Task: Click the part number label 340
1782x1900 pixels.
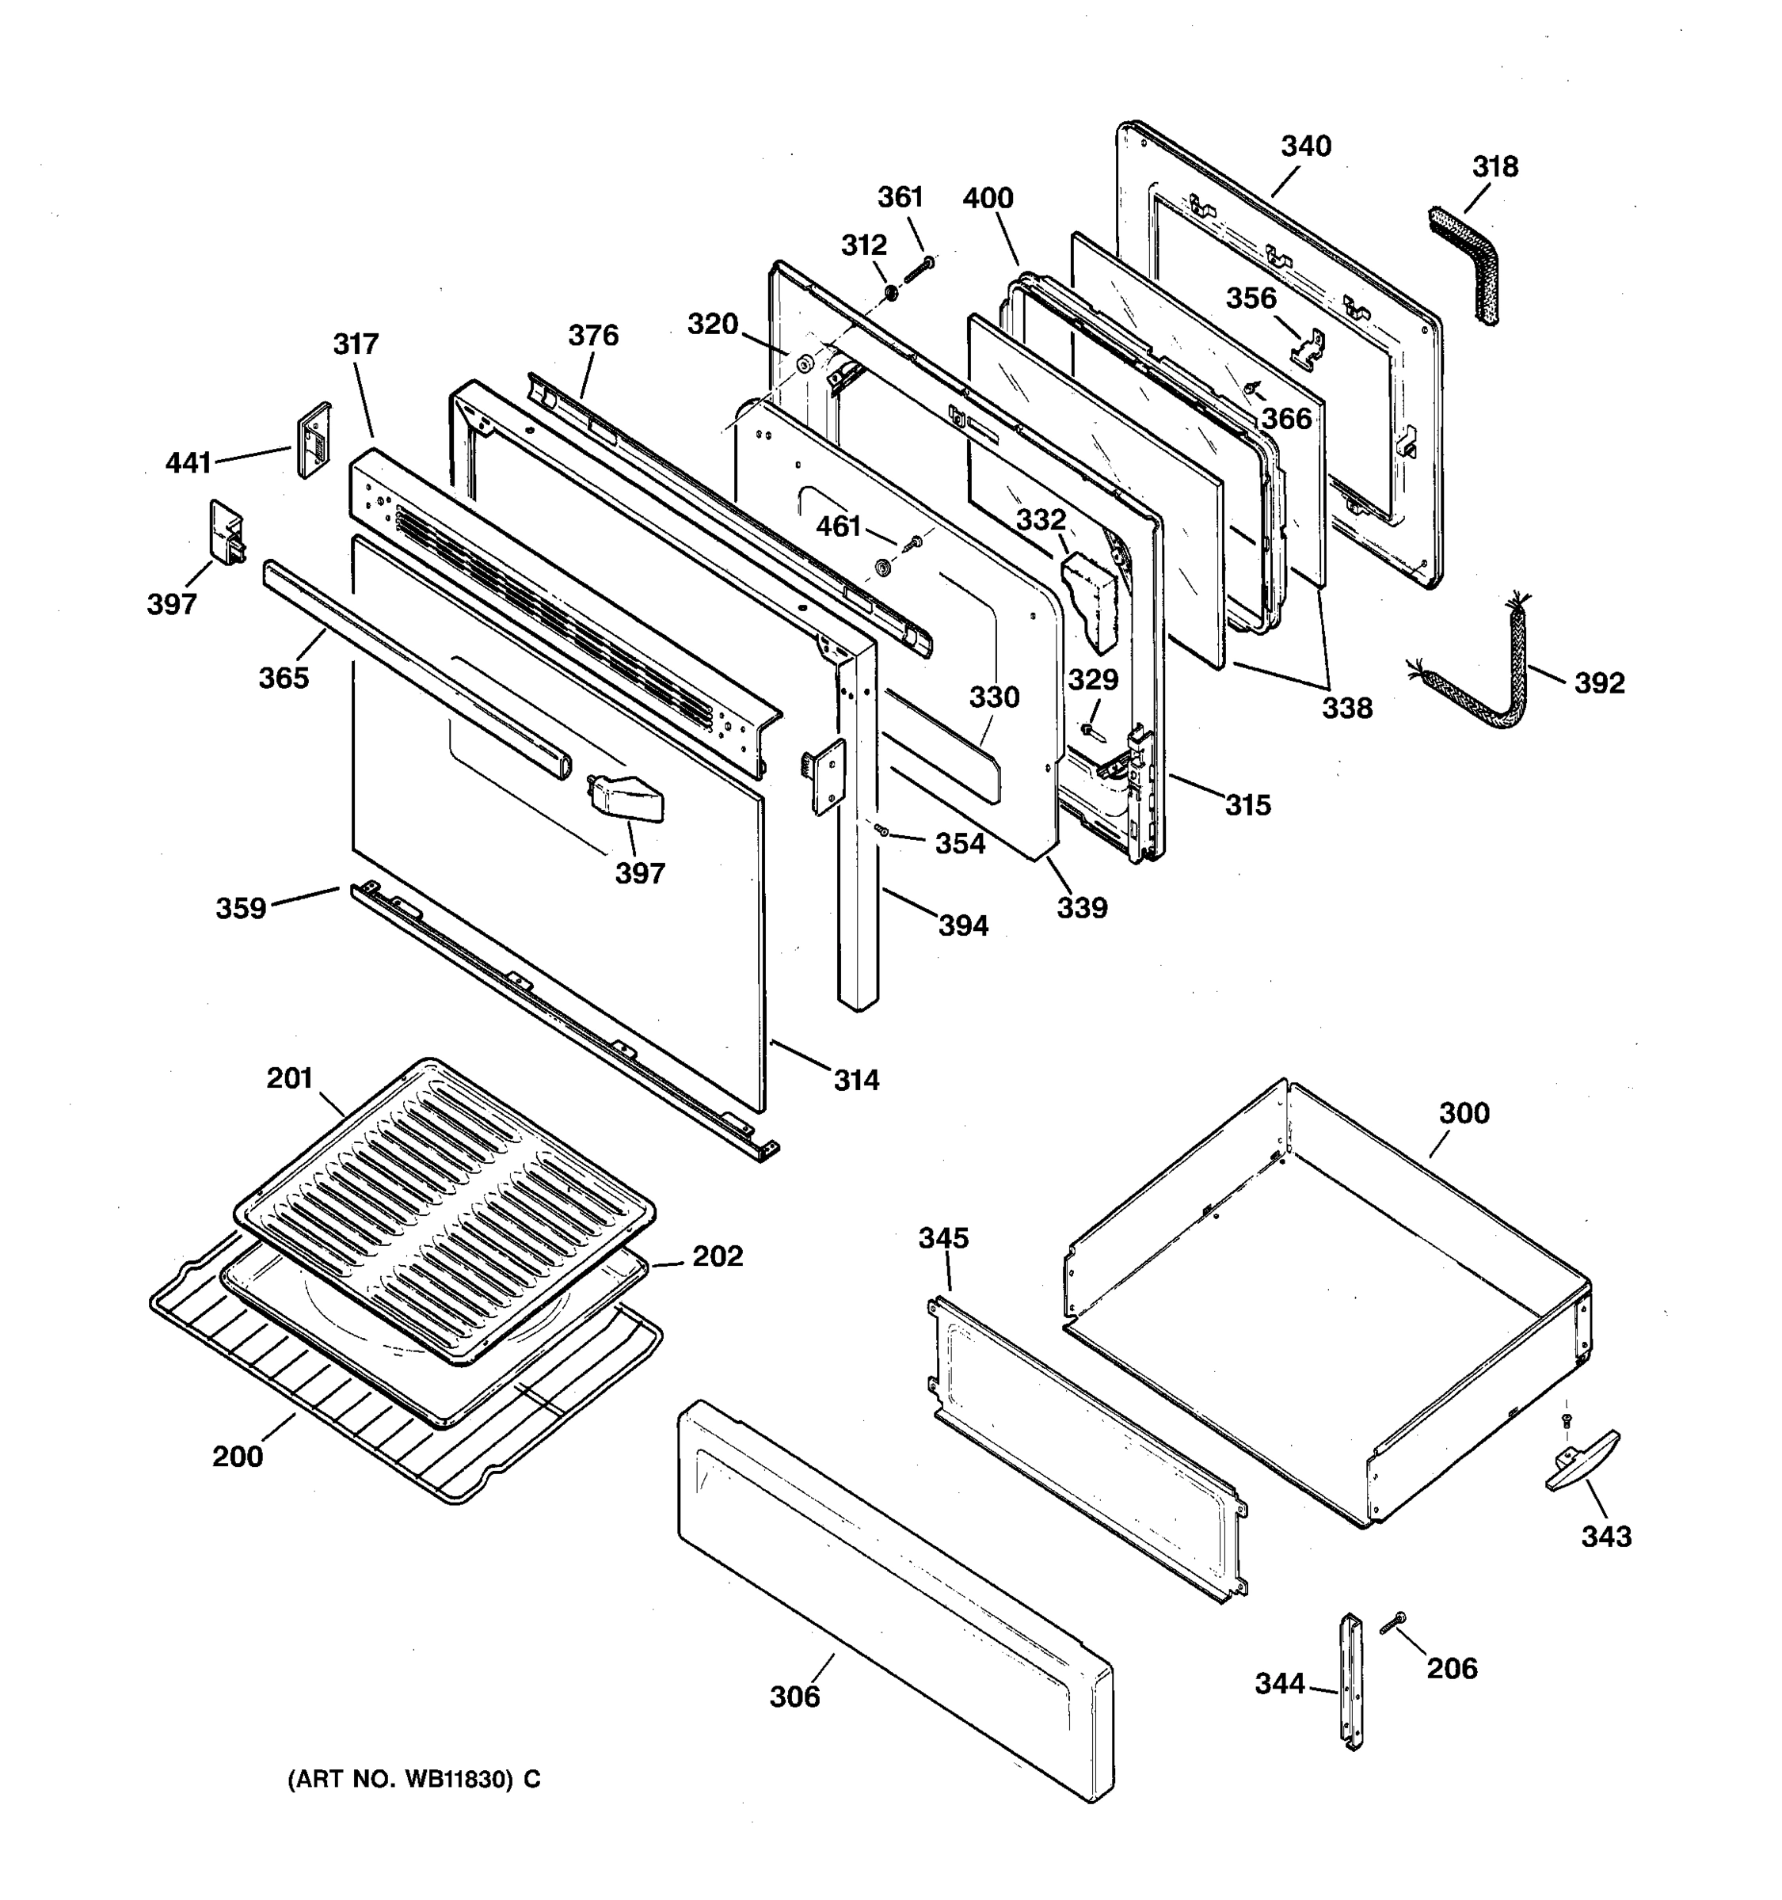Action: pos(1305,146)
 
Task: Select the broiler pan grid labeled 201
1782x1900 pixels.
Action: pos(444,1204)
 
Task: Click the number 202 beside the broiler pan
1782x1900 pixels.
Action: pos(717,1256)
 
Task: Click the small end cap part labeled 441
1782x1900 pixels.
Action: pos(314,439)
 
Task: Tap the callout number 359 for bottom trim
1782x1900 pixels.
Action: pos(240,907)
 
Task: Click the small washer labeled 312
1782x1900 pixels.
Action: pos(889,291)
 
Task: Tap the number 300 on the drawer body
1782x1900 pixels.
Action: pos(1464,1113)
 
